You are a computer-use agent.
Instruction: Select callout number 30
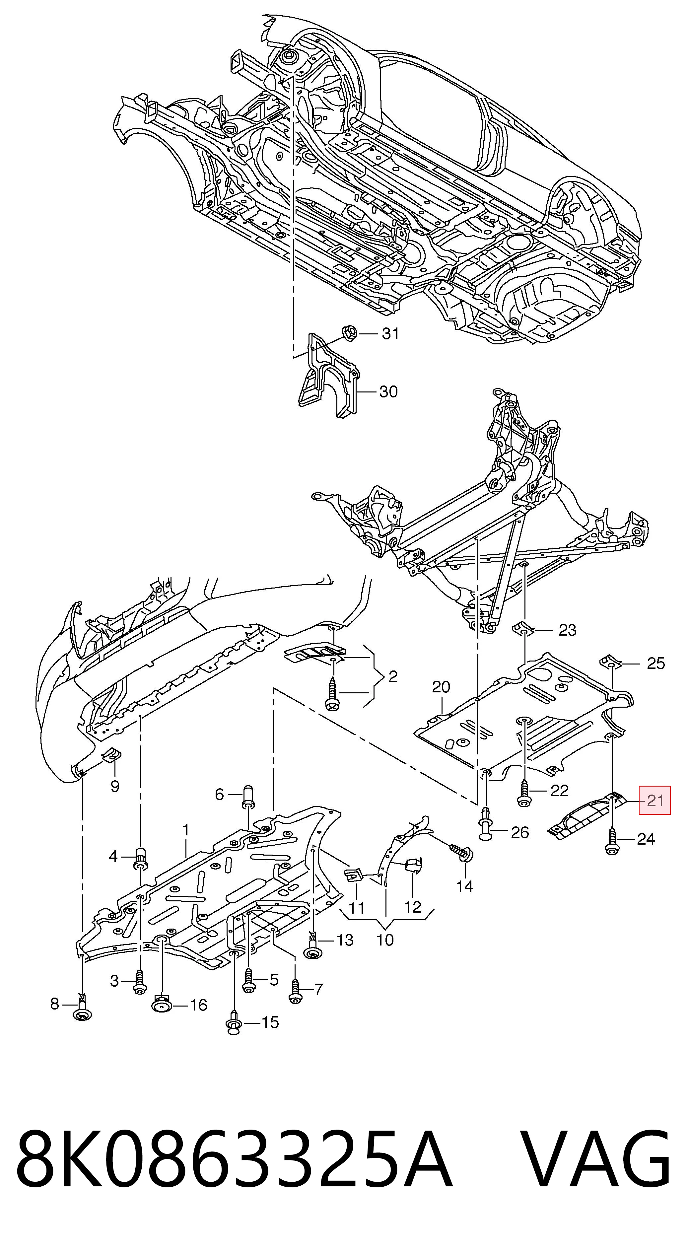pyautogui.click(x=389, y=391)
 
